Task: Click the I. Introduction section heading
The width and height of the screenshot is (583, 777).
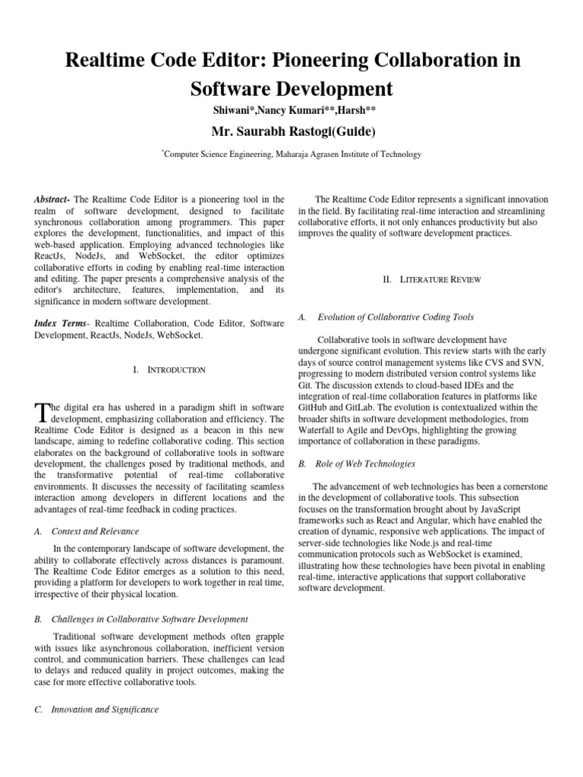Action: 169,370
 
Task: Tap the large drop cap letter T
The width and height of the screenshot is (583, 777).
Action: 42,412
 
